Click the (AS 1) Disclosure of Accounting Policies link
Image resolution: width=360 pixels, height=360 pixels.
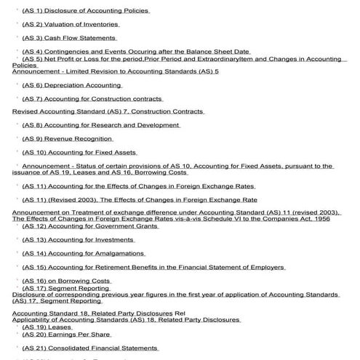pos(86,11)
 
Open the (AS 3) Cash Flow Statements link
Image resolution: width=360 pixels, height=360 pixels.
pos(69,38)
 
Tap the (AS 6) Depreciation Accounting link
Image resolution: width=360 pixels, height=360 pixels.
pos(72,85)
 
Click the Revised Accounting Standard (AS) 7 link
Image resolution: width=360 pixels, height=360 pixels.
pos(108,111)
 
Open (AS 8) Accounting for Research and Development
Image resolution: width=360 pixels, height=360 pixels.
pos(100,125)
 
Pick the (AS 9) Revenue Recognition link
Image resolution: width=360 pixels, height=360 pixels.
pos(68,138)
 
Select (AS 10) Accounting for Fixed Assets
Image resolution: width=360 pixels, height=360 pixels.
pos(79,152)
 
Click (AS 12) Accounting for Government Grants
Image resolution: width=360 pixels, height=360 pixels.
pos(90,226)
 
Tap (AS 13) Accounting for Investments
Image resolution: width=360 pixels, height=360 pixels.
pos(79,239)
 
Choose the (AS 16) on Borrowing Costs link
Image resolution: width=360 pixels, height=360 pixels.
pos(66,280)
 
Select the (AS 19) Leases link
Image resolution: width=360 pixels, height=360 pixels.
pos(47,327)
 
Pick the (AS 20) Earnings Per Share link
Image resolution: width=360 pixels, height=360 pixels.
pos(66,335)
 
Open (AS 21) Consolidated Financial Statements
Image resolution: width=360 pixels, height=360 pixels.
pos(90,348)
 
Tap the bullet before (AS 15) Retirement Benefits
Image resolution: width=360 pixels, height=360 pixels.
pos(17,267)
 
